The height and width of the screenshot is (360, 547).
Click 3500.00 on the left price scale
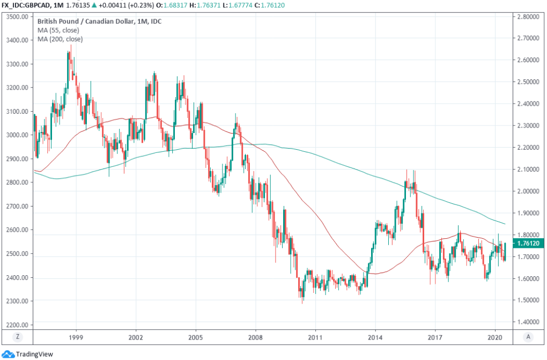(17, 17)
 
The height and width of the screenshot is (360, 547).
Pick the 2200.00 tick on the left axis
(17, 325)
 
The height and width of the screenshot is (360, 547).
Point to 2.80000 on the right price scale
(528, 17)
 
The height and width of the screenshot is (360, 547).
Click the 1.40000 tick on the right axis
(528, 322)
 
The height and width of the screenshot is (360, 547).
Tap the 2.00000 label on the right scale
(528, 191)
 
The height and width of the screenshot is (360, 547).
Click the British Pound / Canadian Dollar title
(94, 21)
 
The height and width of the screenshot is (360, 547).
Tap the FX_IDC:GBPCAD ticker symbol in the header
(27, 5)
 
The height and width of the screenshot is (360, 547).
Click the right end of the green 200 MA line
(505, 224)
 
